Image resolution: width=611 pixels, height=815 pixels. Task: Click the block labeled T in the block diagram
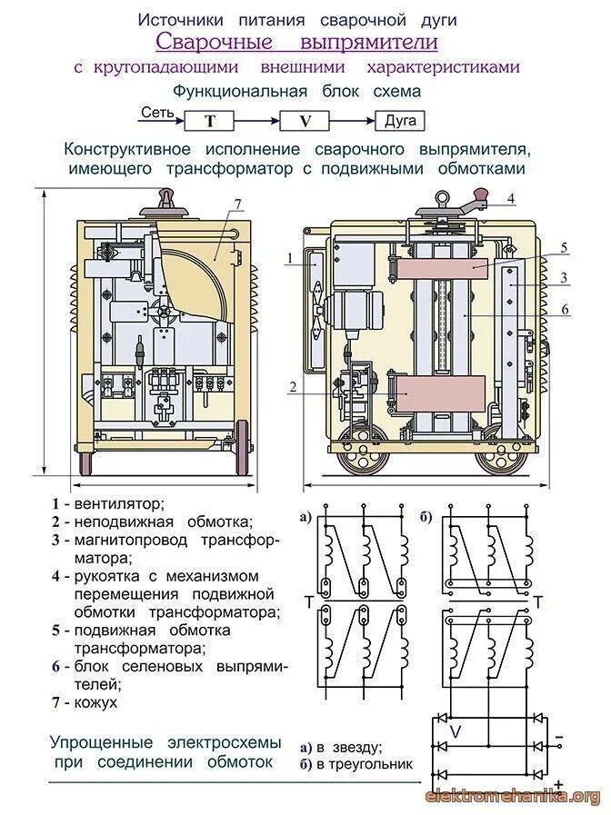click(x=210, y=120)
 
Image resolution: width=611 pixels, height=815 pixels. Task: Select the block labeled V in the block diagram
click(x=305, y=120)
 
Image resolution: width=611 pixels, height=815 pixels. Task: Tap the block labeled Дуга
click(x=400, y=120)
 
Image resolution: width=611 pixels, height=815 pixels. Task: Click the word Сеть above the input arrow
click(x=155, y=113)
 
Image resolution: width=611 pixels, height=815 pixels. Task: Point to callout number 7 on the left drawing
click(x=237, y=204)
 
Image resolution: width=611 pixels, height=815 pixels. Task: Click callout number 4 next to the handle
click(x=511, y=198)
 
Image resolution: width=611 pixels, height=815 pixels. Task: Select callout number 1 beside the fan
click(x=288, y=259)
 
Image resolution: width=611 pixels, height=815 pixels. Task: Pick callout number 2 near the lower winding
click(x=292, y=386)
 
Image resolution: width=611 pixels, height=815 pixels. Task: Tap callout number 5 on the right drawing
click(x=563, y=247)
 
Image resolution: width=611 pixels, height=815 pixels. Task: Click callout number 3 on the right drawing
click(x=564, y=277)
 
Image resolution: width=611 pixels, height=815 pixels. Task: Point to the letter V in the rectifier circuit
click(x=456, y=731)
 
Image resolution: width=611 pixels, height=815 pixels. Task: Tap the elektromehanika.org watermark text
click(x=513, y=797)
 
